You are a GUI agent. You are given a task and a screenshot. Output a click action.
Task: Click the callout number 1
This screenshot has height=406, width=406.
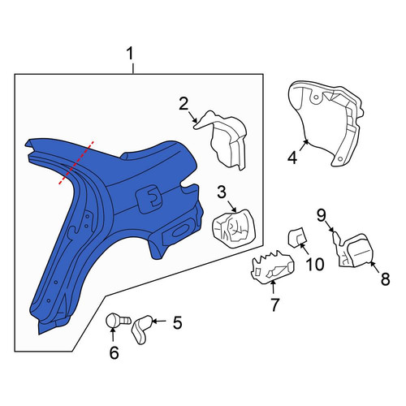click(x=131, y=54)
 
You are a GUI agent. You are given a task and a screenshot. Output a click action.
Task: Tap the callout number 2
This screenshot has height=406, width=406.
click(x=184, y=104)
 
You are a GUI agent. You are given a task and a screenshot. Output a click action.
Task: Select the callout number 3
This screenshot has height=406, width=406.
click(x=222, y=192)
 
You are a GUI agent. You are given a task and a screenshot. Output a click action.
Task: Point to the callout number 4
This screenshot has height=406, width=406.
click(x=292, y=158)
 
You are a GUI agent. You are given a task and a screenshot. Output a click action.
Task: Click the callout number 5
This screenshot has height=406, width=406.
click(x=178, y=322)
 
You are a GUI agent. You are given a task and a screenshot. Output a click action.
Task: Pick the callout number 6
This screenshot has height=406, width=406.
click(x=114, y=352)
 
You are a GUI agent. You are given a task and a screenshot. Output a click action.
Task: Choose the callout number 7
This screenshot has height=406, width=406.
click(x=274, y=304)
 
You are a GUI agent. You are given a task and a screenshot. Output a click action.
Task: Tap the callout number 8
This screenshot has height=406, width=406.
click(x=386, y=279)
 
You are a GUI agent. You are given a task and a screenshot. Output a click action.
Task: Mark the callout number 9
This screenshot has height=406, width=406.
click(x=322, y=216)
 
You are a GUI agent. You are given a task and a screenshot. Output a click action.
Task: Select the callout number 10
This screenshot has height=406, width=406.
click(x=315, y=264)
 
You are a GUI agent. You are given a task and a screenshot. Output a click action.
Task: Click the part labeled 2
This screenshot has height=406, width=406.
click(x=223, y=140)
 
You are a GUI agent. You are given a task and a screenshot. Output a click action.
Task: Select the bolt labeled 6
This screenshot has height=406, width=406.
click(x=117, y=320)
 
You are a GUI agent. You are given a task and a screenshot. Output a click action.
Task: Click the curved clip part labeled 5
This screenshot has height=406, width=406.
click(x=141, y=330)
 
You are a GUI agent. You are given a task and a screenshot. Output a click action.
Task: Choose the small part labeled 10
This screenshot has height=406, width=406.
click(x=297, y=237)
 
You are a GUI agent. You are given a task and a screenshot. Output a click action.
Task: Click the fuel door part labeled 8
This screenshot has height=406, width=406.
click(x=358, y=250)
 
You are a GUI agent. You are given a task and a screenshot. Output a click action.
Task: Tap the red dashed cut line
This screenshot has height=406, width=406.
click(x=76, y=163)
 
